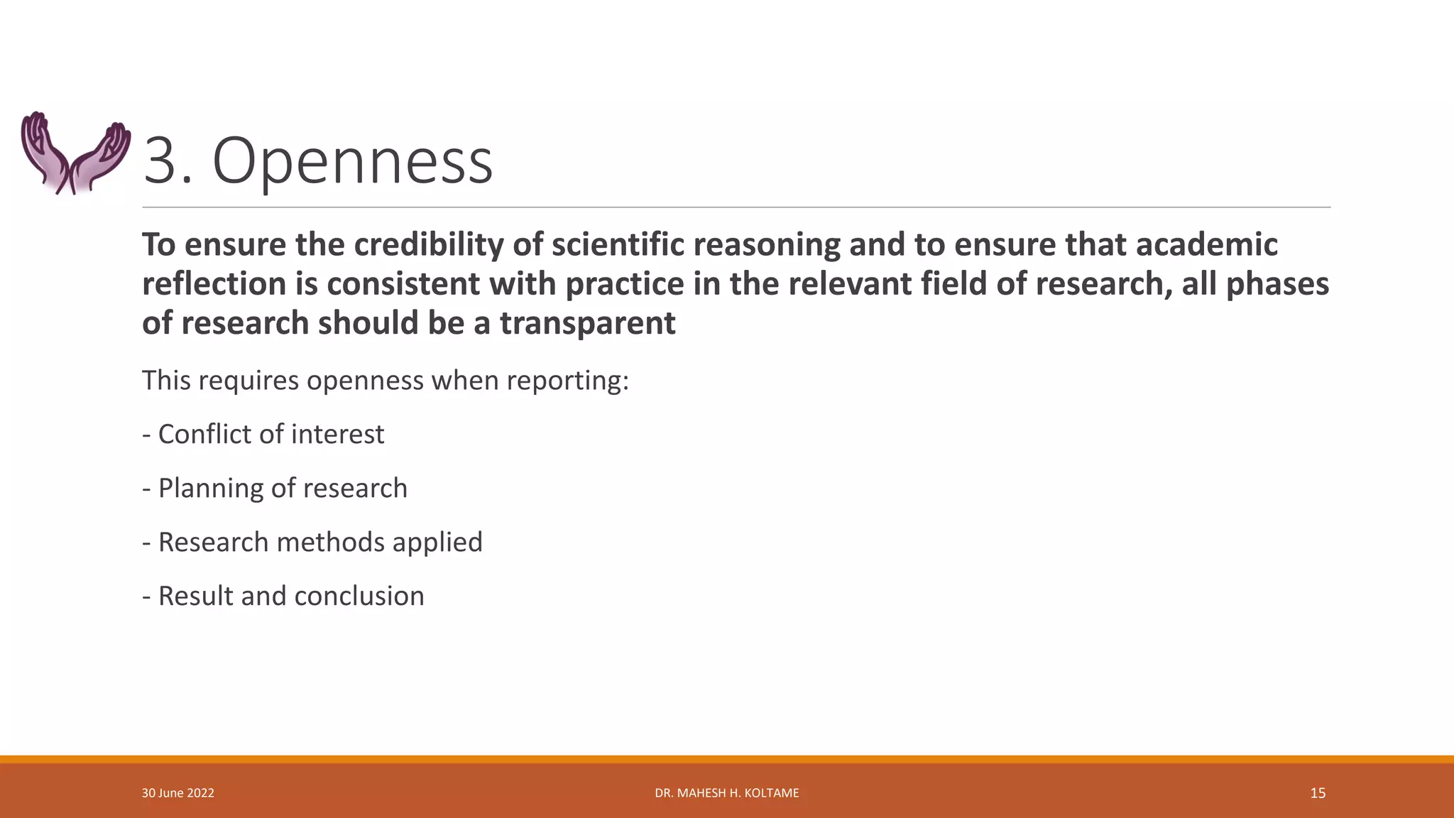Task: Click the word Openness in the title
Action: click(x=352, y=162)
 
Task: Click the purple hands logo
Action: click(x=75, y=152)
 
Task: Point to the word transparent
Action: click(x=587, y=323)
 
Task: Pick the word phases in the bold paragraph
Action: click(x=1277, y=284)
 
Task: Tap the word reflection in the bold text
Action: click(x=214, y=284)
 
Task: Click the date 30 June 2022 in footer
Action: click(x=177, y=793)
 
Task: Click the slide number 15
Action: click(x=1318, y=793)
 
